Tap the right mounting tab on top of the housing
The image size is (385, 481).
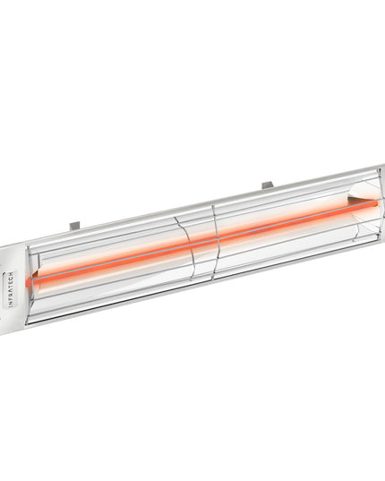pyautogui.click(x=268, y=185)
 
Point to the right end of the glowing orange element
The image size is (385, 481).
pyautogui.click(x=369, y=205)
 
